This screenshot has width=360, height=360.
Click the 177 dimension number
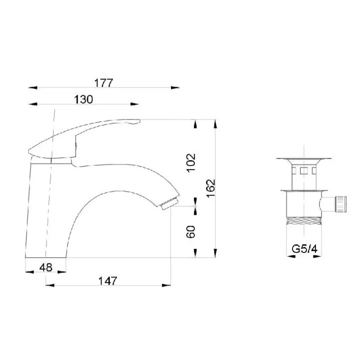(x=104, y=83)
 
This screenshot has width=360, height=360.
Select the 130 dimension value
(x=83, y=99)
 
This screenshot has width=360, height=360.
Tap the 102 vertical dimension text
(x=191, y=162)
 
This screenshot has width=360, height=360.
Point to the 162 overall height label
(x=210, y=188)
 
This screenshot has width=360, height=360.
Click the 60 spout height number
(x=191, y=232)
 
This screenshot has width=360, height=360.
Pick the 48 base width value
(x=46, y=267)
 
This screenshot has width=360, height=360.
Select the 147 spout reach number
(x=107, y=281)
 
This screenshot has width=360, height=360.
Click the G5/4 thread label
(x=304, y=249)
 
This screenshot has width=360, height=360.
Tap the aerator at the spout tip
(x=169, y=204)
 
